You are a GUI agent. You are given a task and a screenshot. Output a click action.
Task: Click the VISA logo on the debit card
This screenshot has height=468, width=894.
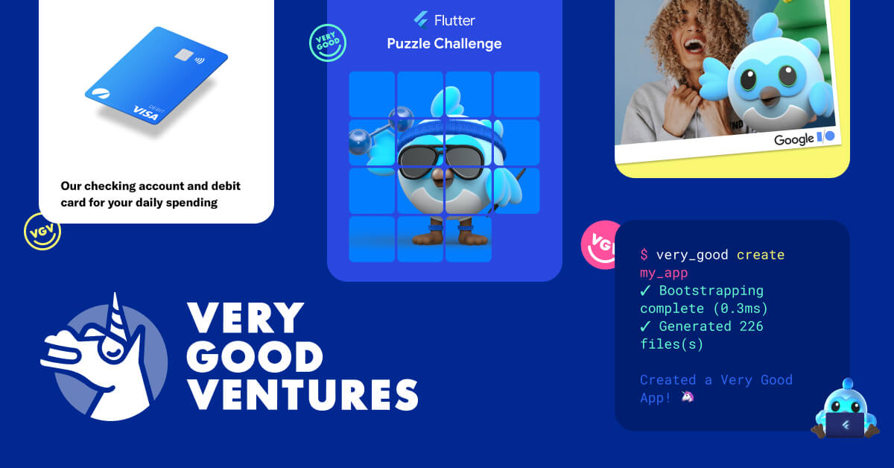[146, 110]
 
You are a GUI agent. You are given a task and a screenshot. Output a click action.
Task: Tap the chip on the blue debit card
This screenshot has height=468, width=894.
[181, 56]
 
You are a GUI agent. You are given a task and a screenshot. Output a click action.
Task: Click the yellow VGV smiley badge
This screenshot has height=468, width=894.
[42, 231]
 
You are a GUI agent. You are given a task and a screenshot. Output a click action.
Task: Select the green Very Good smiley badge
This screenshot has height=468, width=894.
[328, 42]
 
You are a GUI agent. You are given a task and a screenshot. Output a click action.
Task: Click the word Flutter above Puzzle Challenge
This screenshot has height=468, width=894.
[454, 20]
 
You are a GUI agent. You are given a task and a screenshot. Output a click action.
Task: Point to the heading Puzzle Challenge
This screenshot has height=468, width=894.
[444, 44]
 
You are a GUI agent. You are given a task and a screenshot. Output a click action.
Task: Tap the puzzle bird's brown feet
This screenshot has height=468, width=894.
[445, 235]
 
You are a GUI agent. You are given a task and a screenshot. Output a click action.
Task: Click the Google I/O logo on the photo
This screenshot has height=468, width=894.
[805, 139]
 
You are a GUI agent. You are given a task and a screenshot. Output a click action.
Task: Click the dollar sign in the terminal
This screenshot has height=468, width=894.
[644, 255]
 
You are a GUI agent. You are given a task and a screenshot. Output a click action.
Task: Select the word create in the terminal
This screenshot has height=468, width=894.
[760, 255]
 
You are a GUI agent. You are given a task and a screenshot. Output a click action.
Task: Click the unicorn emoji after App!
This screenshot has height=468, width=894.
[687, 397]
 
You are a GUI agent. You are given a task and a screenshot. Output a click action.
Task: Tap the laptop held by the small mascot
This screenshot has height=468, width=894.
[845, 424]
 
